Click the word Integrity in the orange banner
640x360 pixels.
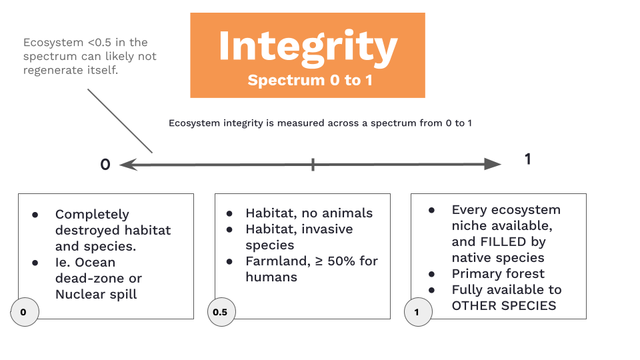pos(308,47)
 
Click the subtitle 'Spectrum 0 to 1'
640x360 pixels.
pos(310,80)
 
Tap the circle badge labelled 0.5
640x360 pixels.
pos(221,312)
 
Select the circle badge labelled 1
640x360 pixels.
pos(418,312)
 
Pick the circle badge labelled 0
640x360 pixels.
pos(25,312)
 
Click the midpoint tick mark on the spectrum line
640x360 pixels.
pos(313,165)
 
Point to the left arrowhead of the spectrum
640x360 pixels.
pos(129,165)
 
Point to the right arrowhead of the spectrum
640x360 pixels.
pos(492,164)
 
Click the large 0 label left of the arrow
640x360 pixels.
pos(105,165)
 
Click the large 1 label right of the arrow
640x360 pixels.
pos(528,159)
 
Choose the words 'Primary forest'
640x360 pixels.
pos(498,273)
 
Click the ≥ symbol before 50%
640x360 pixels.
pos(319,261)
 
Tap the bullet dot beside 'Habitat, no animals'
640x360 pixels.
pos(229,213)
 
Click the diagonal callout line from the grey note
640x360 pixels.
pos(120,121)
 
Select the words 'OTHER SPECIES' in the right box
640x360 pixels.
pos(504,306)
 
